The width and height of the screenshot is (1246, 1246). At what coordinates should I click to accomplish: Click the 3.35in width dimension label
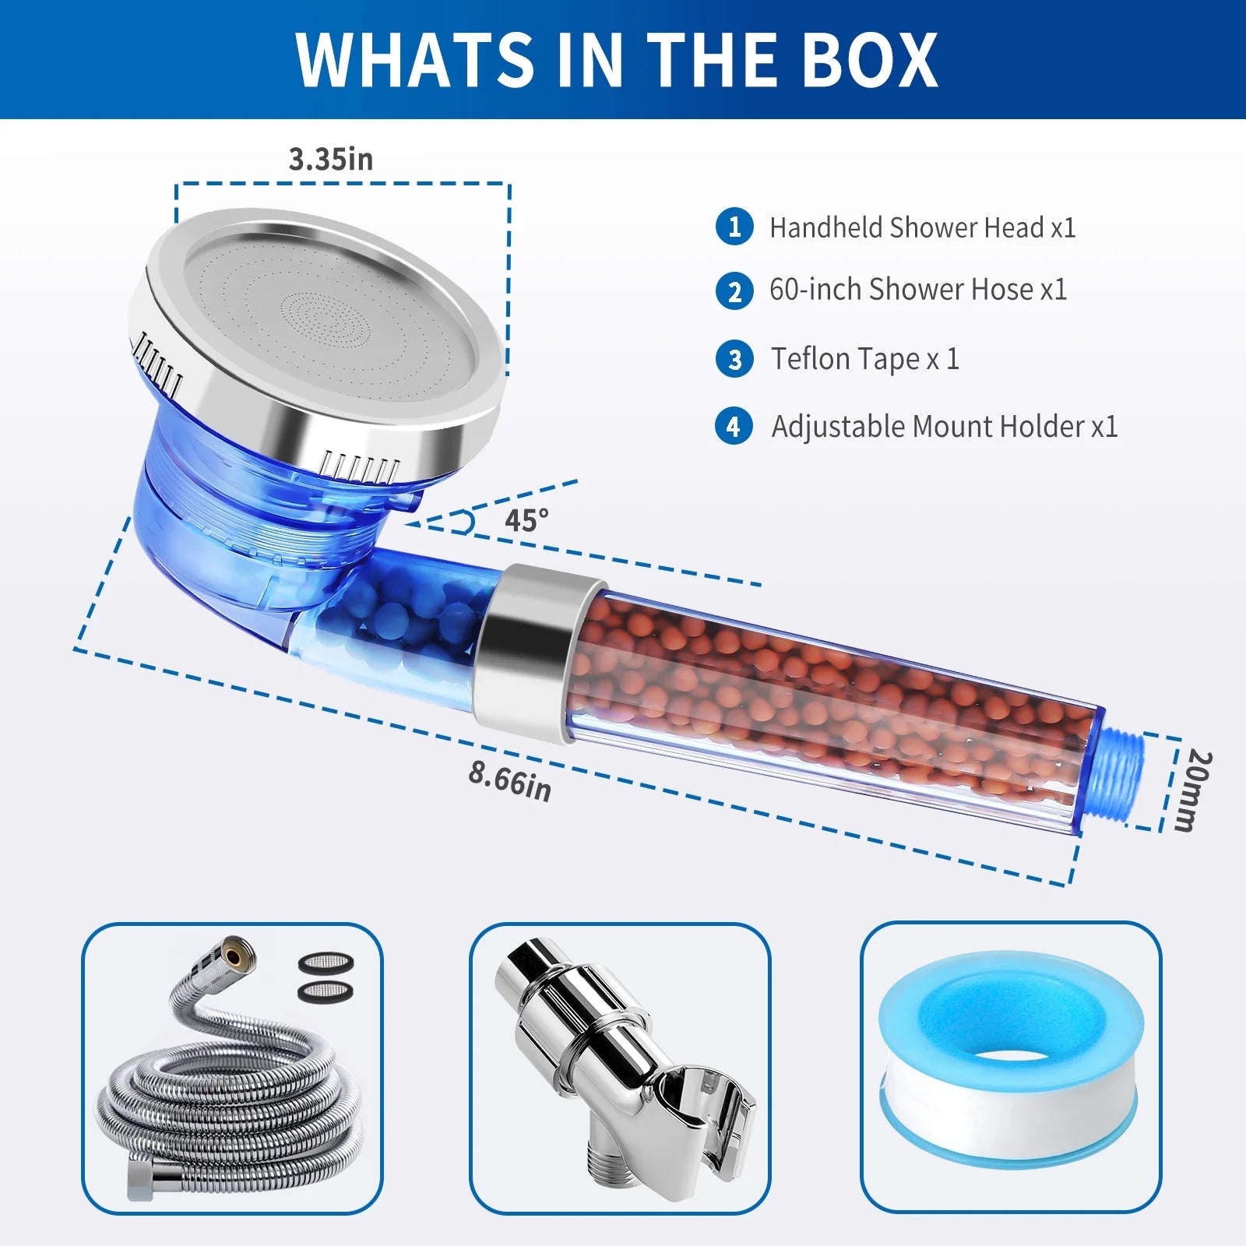coord(331,159)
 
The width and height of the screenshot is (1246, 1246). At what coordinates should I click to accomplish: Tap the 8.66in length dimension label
coord(510,781)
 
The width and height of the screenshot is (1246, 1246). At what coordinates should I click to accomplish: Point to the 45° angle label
coord(526,520)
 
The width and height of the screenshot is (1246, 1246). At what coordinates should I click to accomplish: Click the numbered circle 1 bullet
coord(734,227)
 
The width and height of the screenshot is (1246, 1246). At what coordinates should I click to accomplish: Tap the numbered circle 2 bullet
coord(734,291)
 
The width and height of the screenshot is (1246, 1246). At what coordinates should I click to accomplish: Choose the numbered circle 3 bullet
coord(734,359)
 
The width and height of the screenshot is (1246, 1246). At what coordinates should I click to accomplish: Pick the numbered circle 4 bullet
coord(734,427)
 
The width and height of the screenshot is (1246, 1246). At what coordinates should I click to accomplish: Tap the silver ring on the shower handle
coord(537,654)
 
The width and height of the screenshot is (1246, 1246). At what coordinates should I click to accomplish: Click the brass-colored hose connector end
coord(232,952)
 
